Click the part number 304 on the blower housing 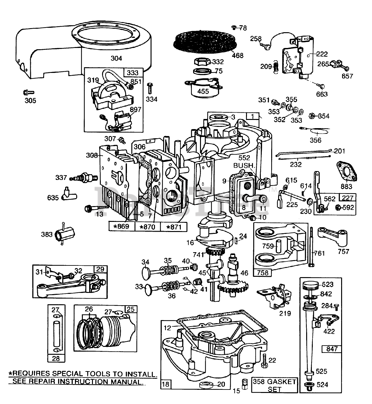(116, 58)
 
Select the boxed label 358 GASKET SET (274, 385)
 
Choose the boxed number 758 (262, 272)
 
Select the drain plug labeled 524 (308, 385)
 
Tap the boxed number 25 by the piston (131, 309)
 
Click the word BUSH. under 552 (244, 165)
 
